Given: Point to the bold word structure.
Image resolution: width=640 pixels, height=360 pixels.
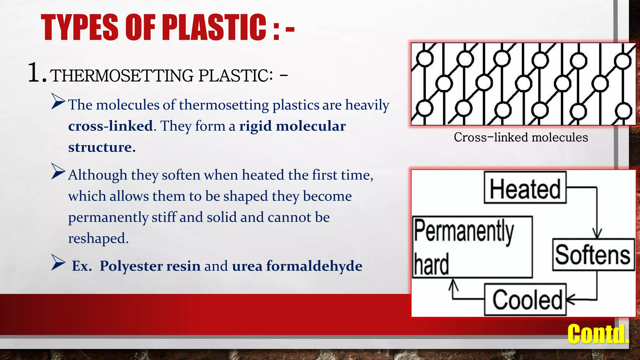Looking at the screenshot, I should pyautogui.click(x=102, y=147).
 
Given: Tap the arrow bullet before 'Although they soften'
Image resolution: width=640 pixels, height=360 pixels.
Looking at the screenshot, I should pyautogui.click(x=58, y=172).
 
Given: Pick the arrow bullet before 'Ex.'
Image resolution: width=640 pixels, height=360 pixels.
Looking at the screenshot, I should pyautogui.click(x=58, y=262).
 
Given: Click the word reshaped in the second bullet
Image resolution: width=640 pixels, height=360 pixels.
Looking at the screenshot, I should pyautogui.click(x=98, y=238).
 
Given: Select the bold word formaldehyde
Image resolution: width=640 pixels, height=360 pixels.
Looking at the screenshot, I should pyautogui.click(x=314, y=266).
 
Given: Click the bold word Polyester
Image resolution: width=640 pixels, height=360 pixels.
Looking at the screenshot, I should pyautogui.click(x=131, y=266).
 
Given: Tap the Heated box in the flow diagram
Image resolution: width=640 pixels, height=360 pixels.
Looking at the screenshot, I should pyautogui.click(x=525, y=187).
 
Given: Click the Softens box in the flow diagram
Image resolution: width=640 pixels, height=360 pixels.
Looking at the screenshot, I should pyautogui.click(x=593, y=254).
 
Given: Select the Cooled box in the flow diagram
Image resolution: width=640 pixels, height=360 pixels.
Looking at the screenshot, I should pyautogui.click(x=525, y=299).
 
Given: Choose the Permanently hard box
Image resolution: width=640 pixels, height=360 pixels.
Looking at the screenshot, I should pyautogui.click(x=472, y=247).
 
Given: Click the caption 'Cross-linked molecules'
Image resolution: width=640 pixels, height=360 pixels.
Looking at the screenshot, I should pyautogui.click(x=521, y=137).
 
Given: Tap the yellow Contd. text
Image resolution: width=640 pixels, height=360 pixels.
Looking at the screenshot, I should pyautogui.click(x=597, y=334).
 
